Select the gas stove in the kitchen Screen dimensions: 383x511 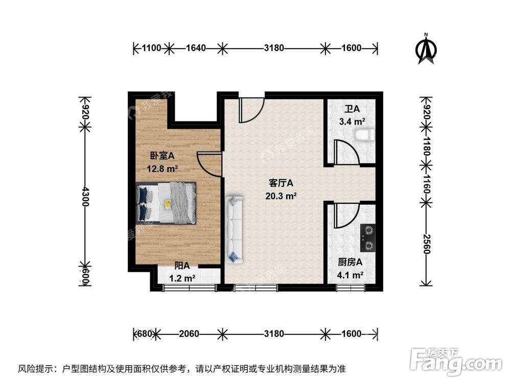(x=367, y=238)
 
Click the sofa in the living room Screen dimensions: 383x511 (x=235, y=230)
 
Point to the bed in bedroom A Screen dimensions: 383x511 (x=167, y=203)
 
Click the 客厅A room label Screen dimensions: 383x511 (x=281, y=183)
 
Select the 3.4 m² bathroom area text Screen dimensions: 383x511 (x=352, y=122)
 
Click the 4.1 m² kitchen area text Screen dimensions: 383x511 (x=351, y=275)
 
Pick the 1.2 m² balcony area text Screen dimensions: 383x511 (x=182, y=278)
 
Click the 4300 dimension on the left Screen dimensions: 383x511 (x=85, y=196)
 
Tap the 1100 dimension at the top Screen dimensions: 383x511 (x=152, y=49)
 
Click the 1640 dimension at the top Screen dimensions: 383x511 (x=196, y=49)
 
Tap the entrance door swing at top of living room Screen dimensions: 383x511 (x=251, y=108)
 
